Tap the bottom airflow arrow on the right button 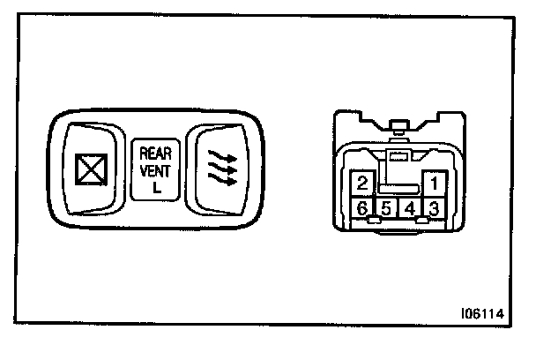pyautogui.click(x=220, y=181)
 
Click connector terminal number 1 pyautogui.click(x=433, y=184)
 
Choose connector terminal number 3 pyautogui.click(x=433, y=209)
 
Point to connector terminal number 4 pyautogui.click(x=410, y=209)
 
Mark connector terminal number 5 pyautogui.click(x=386, y=209)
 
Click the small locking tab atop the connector pyautogui.click(x=398, y=125)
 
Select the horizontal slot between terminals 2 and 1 pyautogui.click(x=398, y=188)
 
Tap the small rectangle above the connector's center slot pyautogui.click(x=398, y=156)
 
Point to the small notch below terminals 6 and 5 pyautogui.click(x=374, y=221)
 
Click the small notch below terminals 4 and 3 pyautogui.click(x=422, y=221)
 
